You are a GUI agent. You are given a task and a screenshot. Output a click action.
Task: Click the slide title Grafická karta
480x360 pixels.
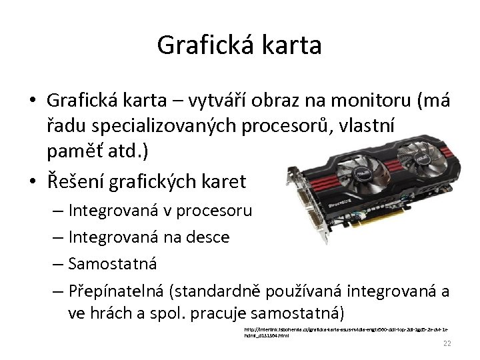point(239,45)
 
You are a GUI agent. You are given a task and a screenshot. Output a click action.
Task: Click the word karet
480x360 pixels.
point(222,181)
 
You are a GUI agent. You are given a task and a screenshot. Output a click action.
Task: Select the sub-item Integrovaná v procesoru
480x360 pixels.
point(160,211)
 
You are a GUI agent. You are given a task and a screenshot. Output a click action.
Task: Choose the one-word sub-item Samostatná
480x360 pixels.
point(113,263)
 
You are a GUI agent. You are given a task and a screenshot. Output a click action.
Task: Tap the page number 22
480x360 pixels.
point(447,343)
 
